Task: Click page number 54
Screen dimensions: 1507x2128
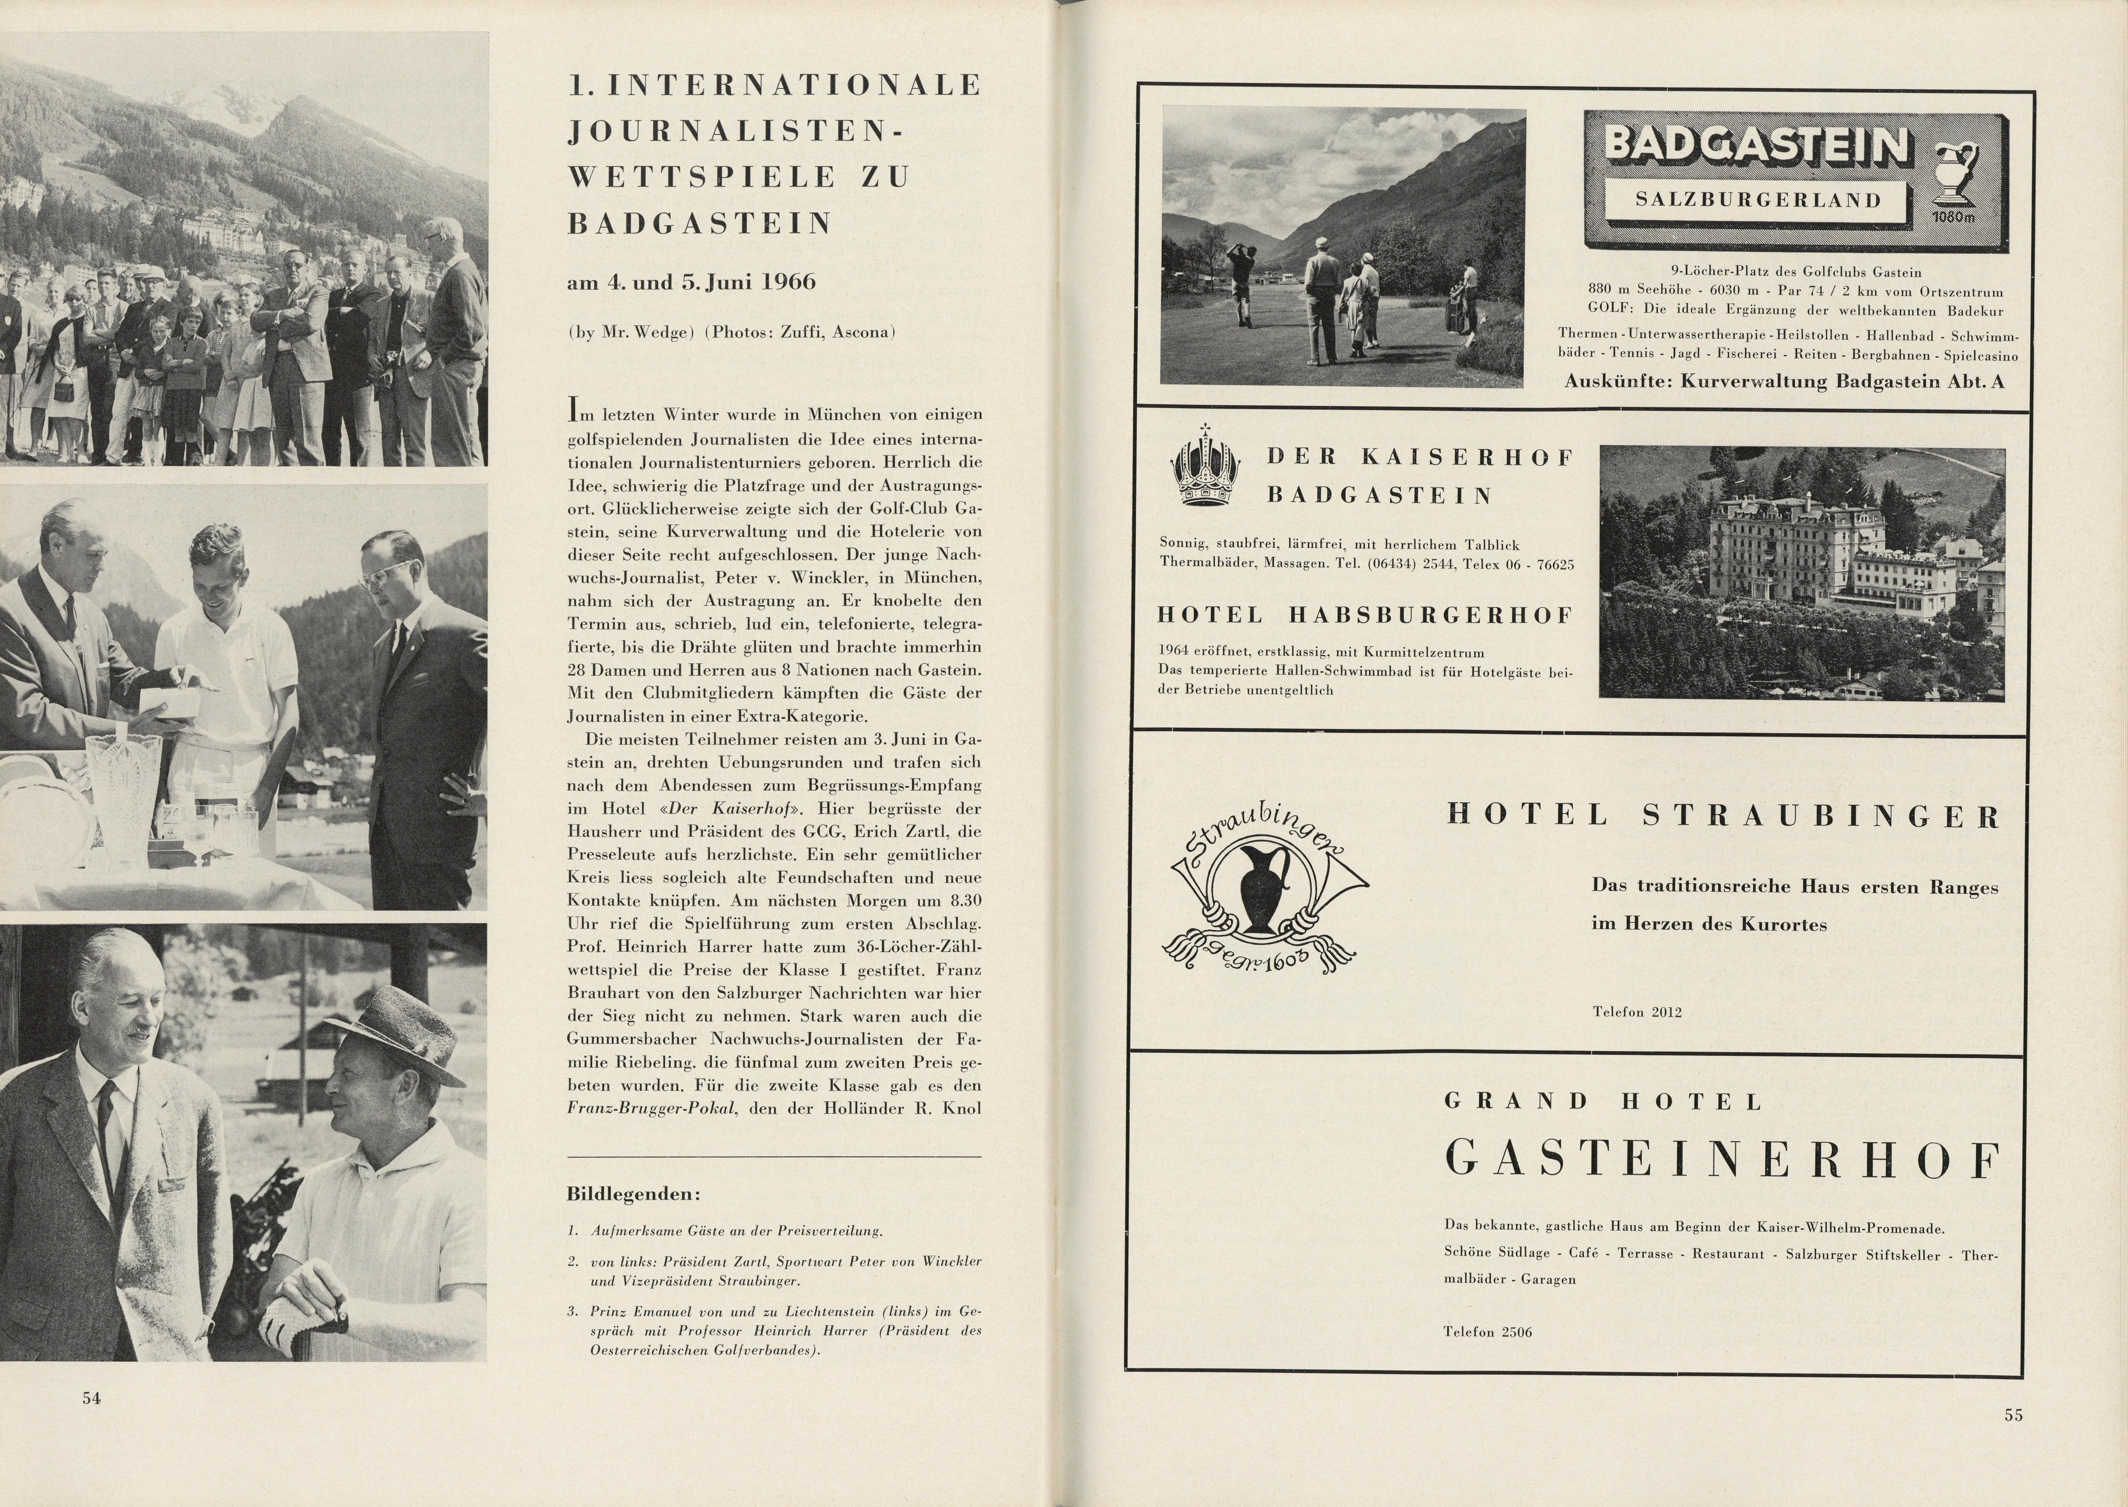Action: point(91,1398)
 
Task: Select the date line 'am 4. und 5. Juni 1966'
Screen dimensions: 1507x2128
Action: point(692,282)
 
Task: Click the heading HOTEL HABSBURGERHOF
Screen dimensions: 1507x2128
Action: point(1365,615)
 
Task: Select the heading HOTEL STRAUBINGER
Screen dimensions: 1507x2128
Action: point(1723,816)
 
